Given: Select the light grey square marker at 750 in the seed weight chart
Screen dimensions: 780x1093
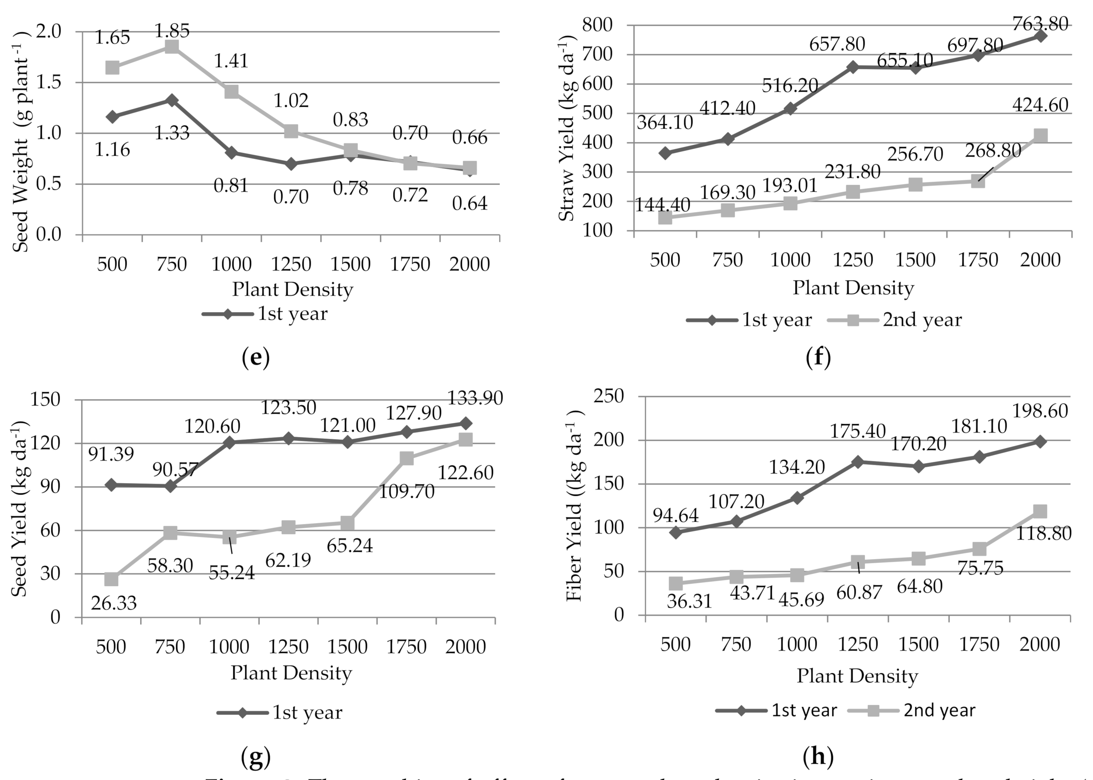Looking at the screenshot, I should (172, 47).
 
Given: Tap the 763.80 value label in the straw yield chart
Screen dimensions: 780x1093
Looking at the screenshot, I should (1040, 23).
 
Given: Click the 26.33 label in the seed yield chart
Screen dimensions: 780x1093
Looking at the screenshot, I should (114, 603).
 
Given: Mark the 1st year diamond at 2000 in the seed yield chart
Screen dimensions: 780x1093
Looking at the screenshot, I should (466, 423).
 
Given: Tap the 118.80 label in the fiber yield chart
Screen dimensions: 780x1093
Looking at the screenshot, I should (1043, 533).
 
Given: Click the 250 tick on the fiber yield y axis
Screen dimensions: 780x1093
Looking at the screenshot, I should (609, 396).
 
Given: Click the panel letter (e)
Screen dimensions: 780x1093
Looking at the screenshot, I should (256, 358).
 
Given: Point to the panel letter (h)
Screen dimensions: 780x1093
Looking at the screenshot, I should (818, 757).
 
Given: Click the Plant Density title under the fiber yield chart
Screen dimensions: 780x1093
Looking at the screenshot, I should (857, 676).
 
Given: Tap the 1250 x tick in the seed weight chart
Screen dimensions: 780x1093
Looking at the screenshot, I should (291, 264).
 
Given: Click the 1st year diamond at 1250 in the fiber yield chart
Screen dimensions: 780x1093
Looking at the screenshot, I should (858, 462).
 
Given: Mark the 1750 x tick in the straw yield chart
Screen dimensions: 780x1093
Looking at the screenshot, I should (978, 260).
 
